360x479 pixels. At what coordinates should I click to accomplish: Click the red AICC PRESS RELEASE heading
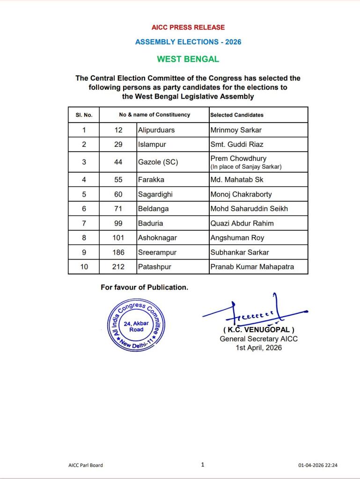pyautogui.click(x=188, y=28)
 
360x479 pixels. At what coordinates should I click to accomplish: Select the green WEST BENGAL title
pyautogui.click(x=188, y=59)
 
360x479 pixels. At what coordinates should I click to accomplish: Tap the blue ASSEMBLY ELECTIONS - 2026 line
pyautogui.click(x=188, y=42)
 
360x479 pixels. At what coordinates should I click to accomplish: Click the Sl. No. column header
pyautogui.click(x=84, y=115)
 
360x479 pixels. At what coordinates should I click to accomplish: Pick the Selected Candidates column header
pyautogui.click(x=236, y=115)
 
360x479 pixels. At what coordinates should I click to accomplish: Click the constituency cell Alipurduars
pyautogui.click(x=156, y=130)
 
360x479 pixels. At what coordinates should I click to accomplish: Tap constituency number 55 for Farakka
pyautogui.click(x=118, y=180)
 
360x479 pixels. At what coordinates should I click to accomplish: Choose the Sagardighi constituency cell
pyautogui.click(x=155, y=194)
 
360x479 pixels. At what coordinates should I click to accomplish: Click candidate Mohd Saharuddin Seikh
pyautogui.click(x=249, y=209)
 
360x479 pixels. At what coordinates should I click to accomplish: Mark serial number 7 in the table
pyautogui.click(x=84, y=223)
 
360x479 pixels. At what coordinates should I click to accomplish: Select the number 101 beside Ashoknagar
pyautogui.click(x=118, y=238)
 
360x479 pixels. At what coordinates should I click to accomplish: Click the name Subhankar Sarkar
pyautogui.click(x=239, y=252)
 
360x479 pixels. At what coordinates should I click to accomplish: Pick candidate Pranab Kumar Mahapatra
pyautogui.click(x=252, y=267)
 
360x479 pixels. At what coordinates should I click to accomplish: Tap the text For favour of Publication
pyautogui.click(x=144, y=287)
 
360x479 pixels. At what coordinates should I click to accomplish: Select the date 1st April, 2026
pyautogui.click(x=258, y=348)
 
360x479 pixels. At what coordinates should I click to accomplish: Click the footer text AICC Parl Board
pyautogui.click(x=86, y=465)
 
